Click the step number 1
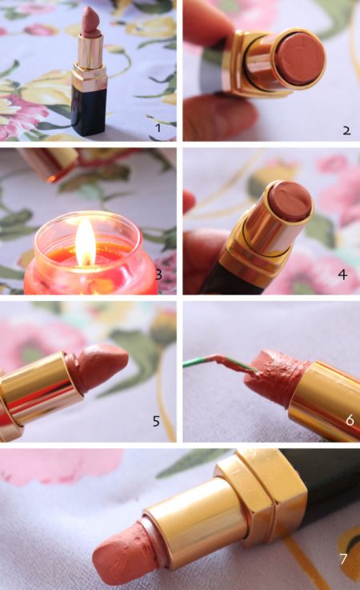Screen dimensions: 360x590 tap(158, 128)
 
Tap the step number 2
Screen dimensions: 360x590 tap(347, 130)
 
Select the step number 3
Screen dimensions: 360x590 tap(158, 275)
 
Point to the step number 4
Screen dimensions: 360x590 tap(342, 275)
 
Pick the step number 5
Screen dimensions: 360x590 tap(157, 421)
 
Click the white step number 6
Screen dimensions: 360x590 tap(350, 419)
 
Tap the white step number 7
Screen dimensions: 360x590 tap(343, 559)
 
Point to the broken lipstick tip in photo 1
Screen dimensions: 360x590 tap(90, 22)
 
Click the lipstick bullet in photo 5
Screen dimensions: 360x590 tap(97, 367)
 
